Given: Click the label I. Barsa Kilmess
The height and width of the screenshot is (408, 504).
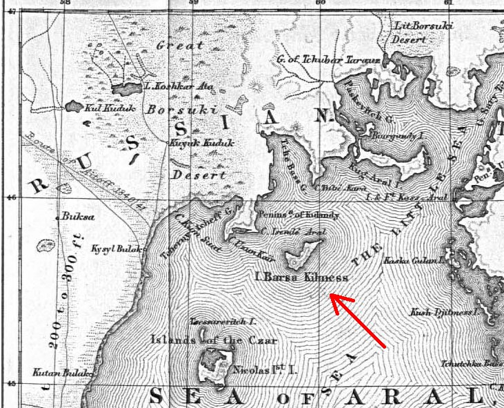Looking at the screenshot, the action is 301,278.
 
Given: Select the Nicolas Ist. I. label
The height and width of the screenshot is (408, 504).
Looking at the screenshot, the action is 265,371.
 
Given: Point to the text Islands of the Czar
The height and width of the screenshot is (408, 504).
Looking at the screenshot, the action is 213,340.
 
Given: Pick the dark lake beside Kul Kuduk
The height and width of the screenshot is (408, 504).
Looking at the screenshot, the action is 73,107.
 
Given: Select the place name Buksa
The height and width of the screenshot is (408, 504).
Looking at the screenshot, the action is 77,216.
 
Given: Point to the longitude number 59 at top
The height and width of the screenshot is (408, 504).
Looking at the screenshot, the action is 192,3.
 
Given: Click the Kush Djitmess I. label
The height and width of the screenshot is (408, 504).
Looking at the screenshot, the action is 444,312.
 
